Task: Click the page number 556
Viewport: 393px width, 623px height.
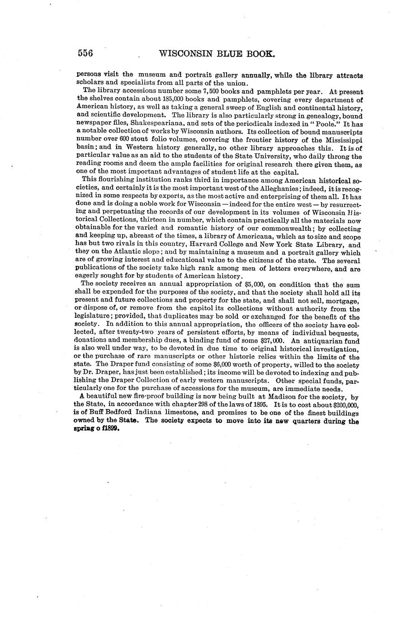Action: (85, 54)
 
